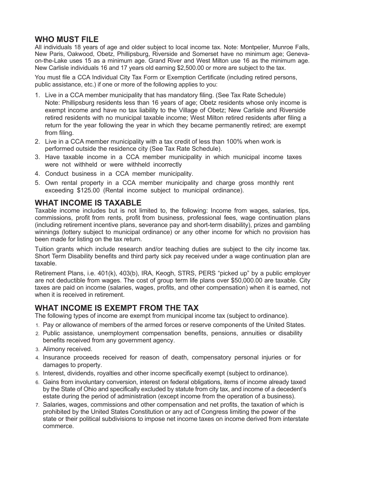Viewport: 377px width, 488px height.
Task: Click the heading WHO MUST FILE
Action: pos(67,39)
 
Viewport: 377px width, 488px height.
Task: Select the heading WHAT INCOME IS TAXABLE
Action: pos(88,203)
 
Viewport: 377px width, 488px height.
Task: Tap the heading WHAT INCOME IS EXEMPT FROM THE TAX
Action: pos(117,308)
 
